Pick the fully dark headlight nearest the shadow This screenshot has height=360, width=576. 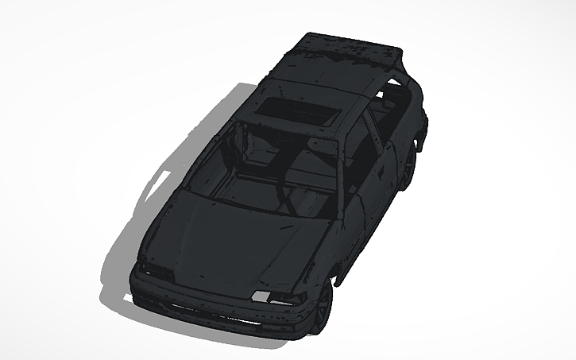(x=156, y=272)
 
